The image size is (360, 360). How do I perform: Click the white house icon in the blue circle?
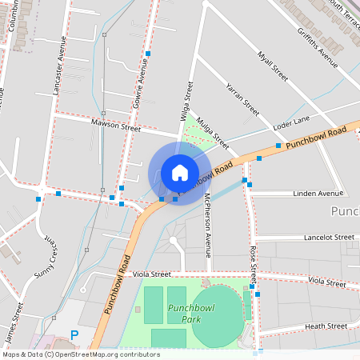pos(179,172)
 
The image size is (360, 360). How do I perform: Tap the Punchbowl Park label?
pos(185,313)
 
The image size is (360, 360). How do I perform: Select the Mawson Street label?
pos(115,126)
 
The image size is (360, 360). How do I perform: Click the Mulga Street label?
pos(212,130)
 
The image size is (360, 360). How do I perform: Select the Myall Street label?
pos(272,66)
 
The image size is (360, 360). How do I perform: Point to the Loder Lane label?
pos(291,122)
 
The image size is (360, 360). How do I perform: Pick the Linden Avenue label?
pos(318,194)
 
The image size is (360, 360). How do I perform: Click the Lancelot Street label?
pos(329,238)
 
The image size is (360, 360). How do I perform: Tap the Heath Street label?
pos(326,326)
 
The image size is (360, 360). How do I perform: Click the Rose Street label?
pos(252,265)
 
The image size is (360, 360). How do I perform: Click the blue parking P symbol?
pos(74,335)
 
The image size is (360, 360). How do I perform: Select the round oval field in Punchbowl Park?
pos(217,317)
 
